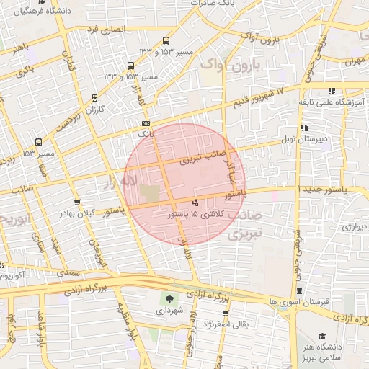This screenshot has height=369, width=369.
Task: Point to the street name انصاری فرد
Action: pos(105,30)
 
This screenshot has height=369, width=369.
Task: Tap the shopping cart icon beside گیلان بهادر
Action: pos(77,202)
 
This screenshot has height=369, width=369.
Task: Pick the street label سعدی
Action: pos(70,274)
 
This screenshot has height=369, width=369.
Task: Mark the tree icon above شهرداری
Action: pos(169,300)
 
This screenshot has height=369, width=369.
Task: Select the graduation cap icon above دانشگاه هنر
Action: pos(321,337)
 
